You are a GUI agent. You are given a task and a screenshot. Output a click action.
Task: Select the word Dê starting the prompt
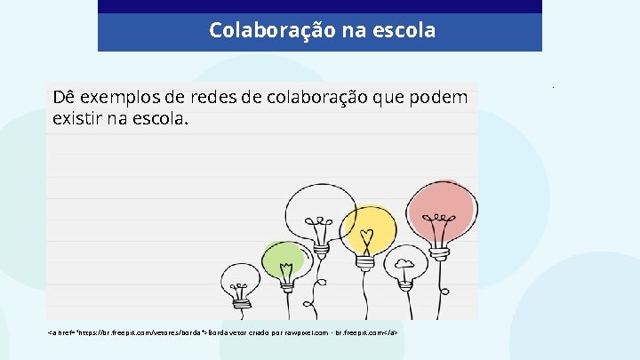tap(64, 98)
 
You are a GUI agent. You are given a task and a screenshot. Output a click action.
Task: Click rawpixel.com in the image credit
tap(311, 332)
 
